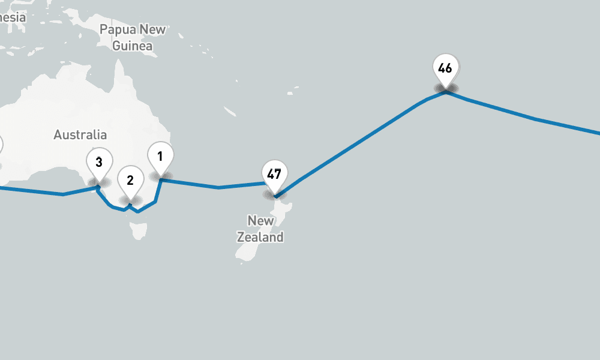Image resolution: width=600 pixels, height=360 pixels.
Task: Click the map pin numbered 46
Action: (445, 70)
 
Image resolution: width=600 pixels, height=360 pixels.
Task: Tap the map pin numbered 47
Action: (274, 175)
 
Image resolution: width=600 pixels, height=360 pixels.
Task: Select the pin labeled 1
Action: (160, 157)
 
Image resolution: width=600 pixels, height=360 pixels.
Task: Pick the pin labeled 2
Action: (130, 180)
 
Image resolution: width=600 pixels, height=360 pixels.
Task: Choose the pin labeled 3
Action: (99, 162)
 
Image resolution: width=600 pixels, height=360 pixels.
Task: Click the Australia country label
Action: (80, 134)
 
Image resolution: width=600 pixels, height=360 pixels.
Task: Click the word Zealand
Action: (260, 238)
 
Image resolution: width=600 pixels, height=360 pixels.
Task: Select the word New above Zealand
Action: (261, 221)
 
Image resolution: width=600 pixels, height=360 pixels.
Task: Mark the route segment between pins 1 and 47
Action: (219, 187)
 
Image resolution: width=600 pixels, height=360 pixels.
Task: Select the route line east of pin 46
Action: (534, 119)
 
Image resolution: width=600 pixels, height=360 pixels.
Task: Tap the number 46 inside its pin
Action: (445, 68)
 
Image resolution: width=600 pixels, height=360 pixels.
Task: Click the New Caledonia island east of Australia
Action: (230, 111)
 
